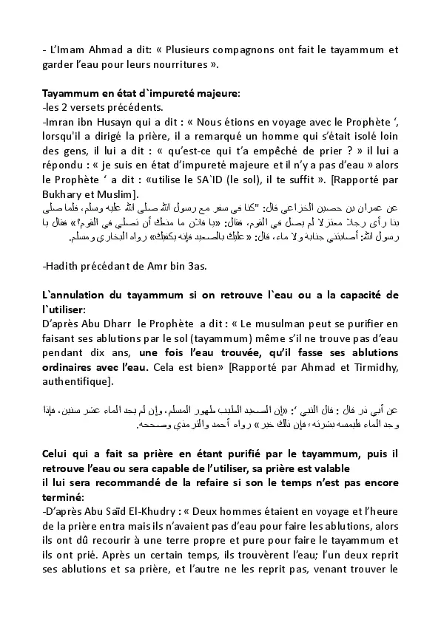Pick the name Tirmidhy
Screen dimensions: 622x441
pos(374,366)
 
